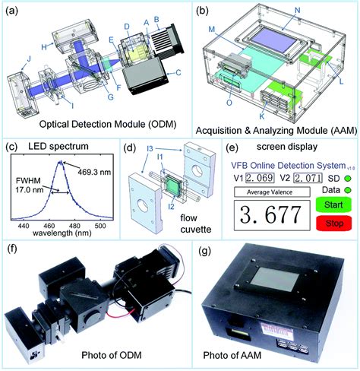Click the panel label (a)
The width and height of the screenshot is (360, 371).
click(12, 10)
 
